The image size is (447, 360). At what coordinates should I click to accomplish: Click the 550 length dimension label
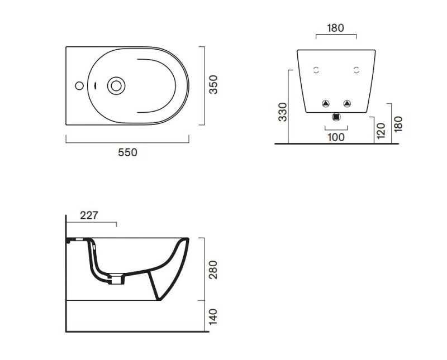[x=127, y=152]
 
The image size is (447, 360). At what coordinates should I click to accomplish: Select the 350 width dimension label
[x=213, y=84]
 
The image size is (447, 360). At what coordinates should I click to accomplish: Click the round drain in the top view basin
[x=116, y=86]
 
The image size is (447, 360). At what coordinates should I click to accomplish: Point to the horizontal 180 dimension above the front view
[x=335, y=28]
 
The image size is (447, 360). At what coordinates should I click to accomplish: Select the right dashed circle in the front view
[x=356, y=70]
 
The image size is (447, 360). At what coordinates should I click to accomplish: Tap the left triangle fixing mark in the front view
[x=325, y=103]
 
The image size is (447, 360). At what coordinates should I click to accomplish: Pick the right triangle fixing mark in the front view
[x=348, y=103]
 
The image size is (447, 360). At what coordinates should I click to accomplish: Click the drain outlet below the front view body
[x=336, y=117]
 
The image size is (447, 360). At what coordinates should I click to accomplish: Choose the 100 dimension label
[x=336, y=137]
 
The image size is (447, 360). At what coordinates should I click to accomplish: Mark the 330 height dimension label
[x=283, y=112]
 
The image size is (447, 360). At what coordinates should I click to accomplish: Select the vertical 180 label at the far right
[x=398, y=123]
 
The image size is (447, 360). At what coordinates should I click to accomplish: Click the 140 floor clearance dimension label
[x=213, y=316]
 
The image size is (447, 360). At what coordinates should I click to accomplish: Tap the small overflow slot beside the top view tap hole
[x=96, y=86]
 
